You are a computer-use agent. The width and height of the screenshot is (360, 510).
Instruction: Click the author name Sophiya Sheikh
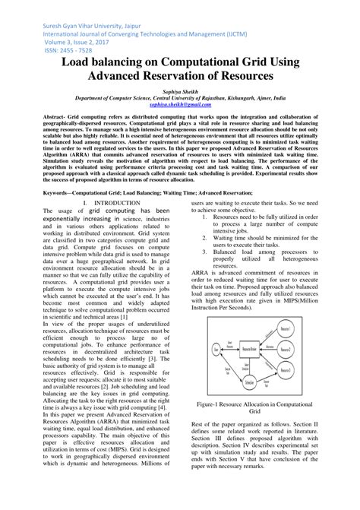[x=179, y=90]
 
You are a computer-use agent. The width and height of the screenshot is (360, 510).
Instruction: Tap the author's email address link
[x=179, y=103]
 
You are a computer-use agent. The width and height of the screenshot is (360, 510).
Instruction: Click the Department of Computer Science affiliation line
[x=179, y=97]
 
